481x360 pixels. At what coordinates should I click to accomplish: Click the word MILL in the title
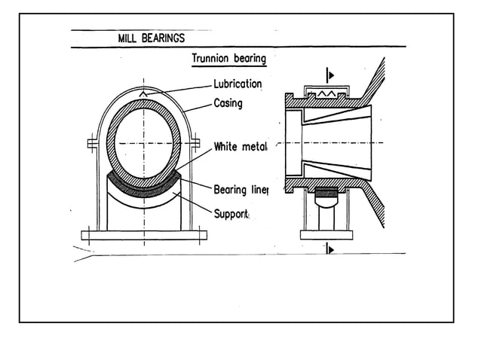pyautogui.click(x=130, y=38)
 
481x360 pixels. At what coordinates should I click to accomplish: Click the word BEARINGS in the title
pyautogui.click(x=164, y=38)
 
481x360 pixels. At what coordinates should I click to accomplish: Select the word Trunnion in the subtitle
pyautogui.click(x=215, y=58)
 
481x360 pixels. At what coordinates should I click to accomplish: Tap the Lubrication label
pyautogui.click(x=237, y=84)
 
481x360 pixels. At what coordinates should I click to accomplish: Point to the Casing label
pyautogui.click(x=228, y=102)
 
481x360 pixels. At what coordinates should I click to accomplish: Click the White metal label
pyautogui.click(x=240, y=146)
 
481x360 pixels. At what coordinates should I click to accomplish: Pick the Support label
pyautogui.click(x=231, y=214)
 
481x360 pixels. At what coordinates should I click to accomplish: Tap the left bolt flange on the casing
pyautogui.click(x=92, y=142)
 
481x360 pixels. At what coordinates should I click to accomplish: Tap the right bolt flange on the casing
pyautogui.click(x=195, y=142)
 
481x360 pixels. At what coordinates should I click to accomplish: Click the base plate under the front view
pyautogui.click(x=144, y=235)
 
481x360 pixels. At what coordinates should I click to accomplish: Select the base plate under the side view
pyautogui.click(x=326, y=235)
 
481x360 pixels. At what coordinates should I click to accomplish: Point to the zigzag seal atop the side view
pyautogui.click(x=326, y=92)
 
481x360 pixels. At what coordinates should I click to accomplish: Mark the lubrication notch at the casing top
pyautogui.click(x=144, y=93)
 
